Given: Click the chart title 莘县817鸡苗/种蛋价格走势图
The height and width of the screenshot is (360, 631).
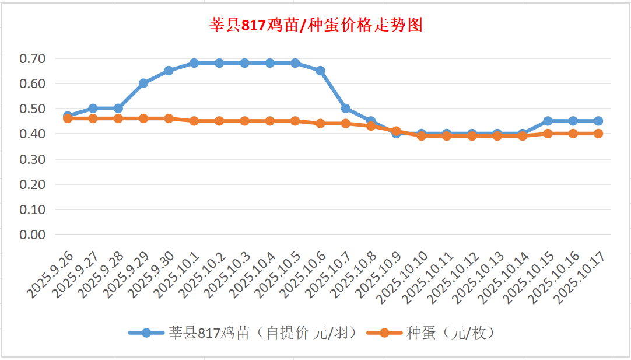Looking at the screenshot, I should point(316,25).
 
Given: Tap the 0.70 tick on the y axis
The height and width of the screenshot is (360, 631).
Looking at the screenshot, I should point(32,58).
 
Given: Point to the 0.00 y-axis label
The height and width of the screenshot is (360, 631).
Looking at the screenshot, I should point(32,235).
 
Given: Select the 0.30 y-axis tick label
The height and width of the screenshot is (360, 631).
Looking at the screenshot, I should point(32,159).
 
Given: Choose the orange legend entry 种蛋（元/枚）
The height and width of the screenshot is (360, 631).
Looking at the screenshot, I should point(432,333).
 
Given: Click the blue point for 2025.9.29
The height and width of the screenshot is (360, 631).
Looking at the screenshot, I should point(143,83).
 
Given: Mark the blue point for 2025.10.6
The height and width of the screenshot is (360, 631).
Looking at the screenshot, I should point(320,71).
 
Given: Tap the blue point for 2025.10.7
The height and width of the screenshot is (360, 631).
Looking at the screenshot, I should point(346,109).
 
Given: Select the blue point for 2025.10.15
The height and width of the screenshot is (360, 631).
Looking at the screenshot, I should point(548,121).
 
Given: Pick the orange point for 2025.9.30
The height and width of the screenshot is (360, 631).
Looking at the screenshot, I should point(169,118).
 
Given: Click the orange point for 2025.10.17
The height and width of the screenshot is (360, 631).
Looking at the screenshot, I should point(598,134).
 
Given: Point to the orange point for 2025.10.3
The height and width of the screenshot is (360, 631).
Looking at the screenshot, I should point(244,121).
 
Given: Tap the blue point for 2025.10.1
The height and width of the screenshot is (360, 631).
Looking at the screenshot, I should point(194,63).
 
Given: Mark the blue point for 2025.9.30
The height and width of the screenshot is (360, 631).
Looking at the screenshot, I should point(169,71).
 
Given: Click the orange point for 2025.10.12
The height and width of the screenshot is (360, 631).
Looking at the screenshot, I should point(472,136).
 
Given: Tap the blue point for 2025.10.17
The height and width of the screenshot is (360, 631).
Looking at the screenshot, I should point(598,121).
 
